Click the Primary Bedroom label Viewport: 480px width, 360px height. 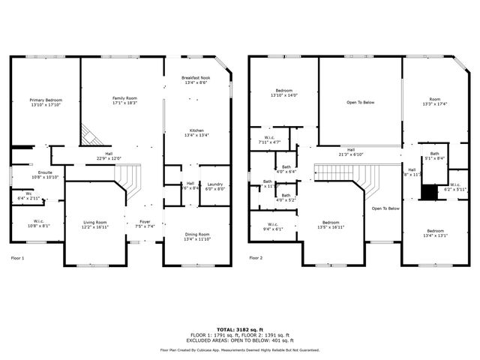coord(46,103)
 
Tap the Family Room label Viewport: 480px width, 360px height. coord(124,100)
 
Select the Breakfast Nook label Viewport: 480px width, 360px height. coord(196,80)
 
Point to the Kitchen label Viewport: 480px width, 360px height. coord(196,133)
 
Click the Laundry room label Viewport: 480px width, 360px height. coord(215,186)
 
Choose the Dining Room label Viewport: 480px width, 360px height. coord(197,237)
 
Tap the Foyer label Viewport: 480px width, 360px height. coord(142,224)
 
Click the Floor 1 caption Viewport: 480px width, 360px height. coord(17,258)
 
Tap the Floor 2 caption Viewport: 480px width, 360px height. coord(256,258)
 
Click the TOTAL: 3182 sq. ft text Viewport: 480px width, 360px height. coord(239,329)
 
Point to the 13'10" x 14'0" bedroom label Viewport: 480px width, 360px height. coord(283,93)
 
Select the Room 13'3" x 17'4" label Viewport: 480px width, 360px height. coord(434,101)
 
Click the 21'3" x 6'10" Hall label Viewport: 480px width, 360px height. coord(351,151)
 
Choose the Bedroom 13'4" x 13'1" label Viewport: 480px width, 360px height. coord(435,232)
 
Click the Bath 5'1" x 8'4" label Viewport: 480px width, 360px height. coord(434,156)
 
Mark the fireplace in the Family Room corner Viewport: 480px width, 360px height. coord(90,135)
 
